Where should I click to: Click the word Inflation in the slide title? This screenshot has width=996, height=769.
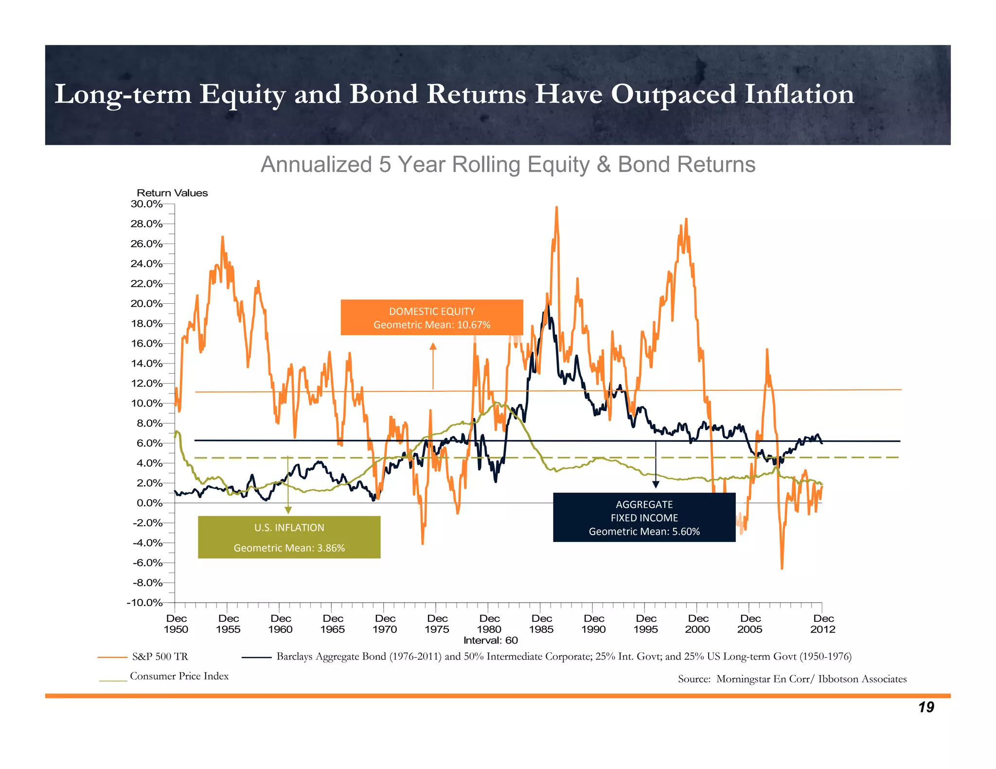799,94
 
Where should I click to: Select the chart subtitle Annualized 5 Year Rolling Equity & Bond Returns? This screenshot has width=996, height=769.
508,164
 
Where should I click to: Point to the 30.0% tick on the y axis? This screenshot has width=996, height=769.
146,204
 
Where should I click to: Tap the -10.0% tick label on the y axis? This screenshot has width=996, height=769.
144,603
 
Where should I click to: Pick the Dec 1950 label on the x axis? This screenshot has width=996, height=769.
176,624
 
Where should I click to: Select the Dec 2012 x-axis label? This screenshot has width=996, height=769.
823,624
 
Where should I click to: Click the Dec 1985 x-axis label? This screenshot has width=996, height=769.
541,624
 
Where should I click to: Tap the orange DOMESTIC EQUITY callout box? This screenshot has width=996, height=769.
432,317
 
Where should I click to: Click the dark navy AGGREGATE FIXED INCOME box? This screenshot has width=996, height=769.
644,518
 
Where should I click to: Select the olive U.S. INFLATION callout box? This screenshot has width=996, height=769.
289,537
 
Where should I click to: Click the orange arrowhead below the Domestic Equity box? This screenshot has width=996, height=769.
433,346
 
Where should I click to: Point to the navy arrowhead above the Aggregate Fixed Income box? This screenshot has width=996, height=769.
656,484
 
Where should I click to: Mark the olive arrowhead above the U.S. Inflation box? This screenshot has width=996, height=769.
288,510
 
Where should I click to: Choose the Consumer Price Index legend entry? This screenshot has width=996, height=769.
179,676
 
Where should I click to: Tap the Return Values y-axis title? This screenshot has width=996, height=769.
172,193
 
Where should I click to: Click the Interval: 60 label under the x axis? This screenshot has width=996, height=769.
490,640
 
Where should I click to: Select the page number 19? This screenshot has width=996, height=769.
926,707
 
